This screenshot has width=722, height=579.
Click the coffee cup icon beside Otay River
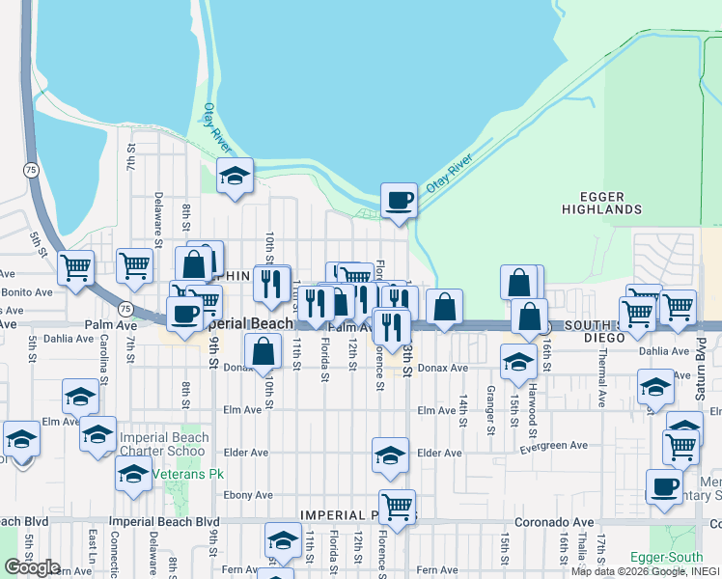pyautogui.click(x=399, y=200)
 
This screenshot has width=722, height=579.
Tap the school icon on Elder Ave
pyautogui.click(x=389, y=455)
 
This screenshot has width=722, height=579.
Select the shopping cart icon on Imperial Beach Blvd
pyautogui.click(x=396, y=505)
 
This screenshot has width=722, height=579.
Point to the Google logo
pyautogui.click(x=32, y=567)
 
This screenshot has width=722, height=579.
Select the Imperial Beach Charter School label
pyautogui.click(x=164, y=444)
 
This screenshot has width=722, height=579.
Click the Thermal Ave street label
pyautogui.click(x=600, y=367)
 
